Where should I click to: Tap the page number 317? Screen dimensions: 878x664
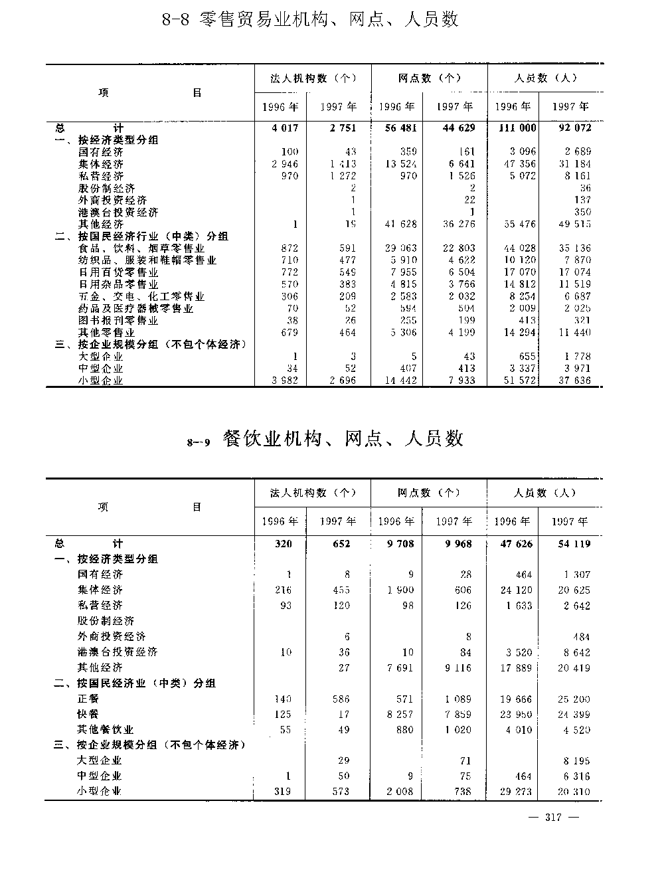(x=553, y=818)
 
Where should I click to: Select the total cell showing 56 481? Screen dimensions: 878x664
(x=397, y=128)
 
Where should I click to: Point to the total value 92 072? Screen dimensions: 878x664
(x=572, y=128)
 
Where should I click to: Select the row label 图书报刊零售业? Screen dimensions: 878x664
(x=118, y=321)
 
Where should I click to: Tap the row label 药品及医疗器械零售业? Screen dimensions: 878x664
(x=135, y=309)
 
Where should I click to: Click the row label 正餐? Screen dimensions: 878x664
(x=88, y=699)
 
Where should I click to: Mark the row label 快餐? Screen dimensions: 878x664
(x=88, y=714)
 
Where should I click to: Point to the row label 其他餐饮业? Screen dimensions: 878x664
(x=106, y=730)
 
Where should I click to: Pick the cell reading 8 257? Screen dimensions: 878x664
(x=400, y=715)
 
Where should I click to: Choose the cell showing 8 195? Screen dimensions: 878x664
(x=575, y=761)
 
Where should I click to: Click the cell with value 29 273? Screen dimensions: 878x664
(x=517, y=792)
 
